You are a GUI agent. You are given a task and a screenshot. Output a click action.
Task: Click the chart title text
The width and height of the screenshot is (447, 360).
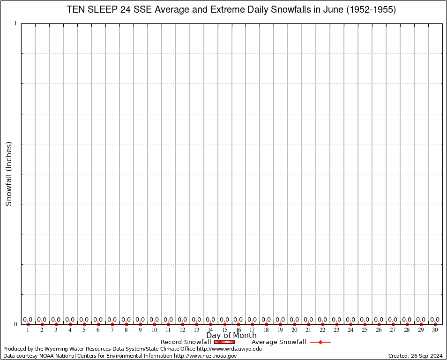coord(231,10)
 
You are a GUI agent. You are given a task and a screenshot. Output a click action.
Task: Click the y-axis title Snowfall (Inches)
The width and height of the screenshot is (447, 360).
coord(8,173)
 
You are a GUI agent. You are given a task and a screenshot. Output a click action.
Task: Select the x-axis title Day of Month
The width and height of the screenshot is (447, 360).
coord(231,336)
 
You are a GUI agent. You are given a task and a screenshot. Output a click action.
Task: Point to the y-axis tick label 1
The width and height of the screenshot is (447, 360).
coord(16,23)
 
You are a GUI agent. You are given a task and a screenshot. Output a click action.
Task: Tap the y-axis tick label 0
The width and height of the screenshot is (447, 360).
coord(16,324)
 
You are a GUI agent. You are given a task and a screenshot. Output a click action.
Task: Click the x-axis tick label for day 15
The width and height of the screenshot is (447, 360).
coord(224,330)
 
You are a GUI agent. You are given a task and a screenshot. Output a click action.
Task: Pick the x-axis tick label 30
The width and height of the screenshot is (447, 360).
coord(435,330)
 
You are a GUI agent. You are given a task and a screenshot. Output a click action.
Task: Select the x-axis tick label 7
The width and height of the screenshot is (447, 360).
coord(112,330)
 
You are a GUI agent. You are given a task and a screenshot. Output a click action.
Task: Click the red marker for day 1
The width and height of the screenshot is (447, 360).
coord(28,324)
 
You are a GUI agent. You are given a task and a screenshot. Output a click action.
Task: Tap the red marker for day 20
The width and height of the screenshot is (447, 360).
coord(295,324)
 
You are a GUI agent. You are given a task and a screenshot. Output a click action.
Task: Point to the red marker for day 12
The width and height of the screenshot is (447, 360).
coord(182,324)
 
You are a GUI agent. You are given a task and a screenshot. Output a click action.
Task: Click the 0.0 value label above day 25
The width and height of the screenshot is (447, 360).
coord(365,320)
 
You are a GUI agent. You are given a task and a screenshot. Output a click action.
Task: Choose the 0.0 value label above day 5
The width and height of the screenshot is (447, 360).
coord(84,320)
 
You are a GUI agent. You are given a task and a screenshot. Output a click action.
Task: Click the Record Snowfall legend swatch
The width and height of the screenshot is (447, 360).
coord(224,342)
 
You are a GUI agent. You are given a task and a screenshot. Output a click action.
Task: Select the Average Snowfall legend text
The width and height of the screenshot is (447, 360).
coord(279,342)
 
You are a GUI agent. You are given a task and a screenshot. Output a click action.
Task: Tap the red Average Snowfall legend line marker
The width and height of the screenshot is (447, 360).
coord(320,342)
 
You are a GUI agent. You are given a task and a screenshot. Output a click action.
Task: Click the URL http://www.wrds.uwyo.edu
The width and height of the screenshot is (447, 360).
coord(229,349)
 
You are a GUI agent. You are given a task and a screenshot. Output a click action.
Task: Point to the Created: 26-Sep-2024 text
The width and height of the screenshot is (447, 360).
coord(415,356)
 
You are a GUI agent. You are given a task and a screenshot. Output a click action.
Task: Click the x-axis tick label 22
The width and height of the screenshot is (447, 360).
coord(322,330)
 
